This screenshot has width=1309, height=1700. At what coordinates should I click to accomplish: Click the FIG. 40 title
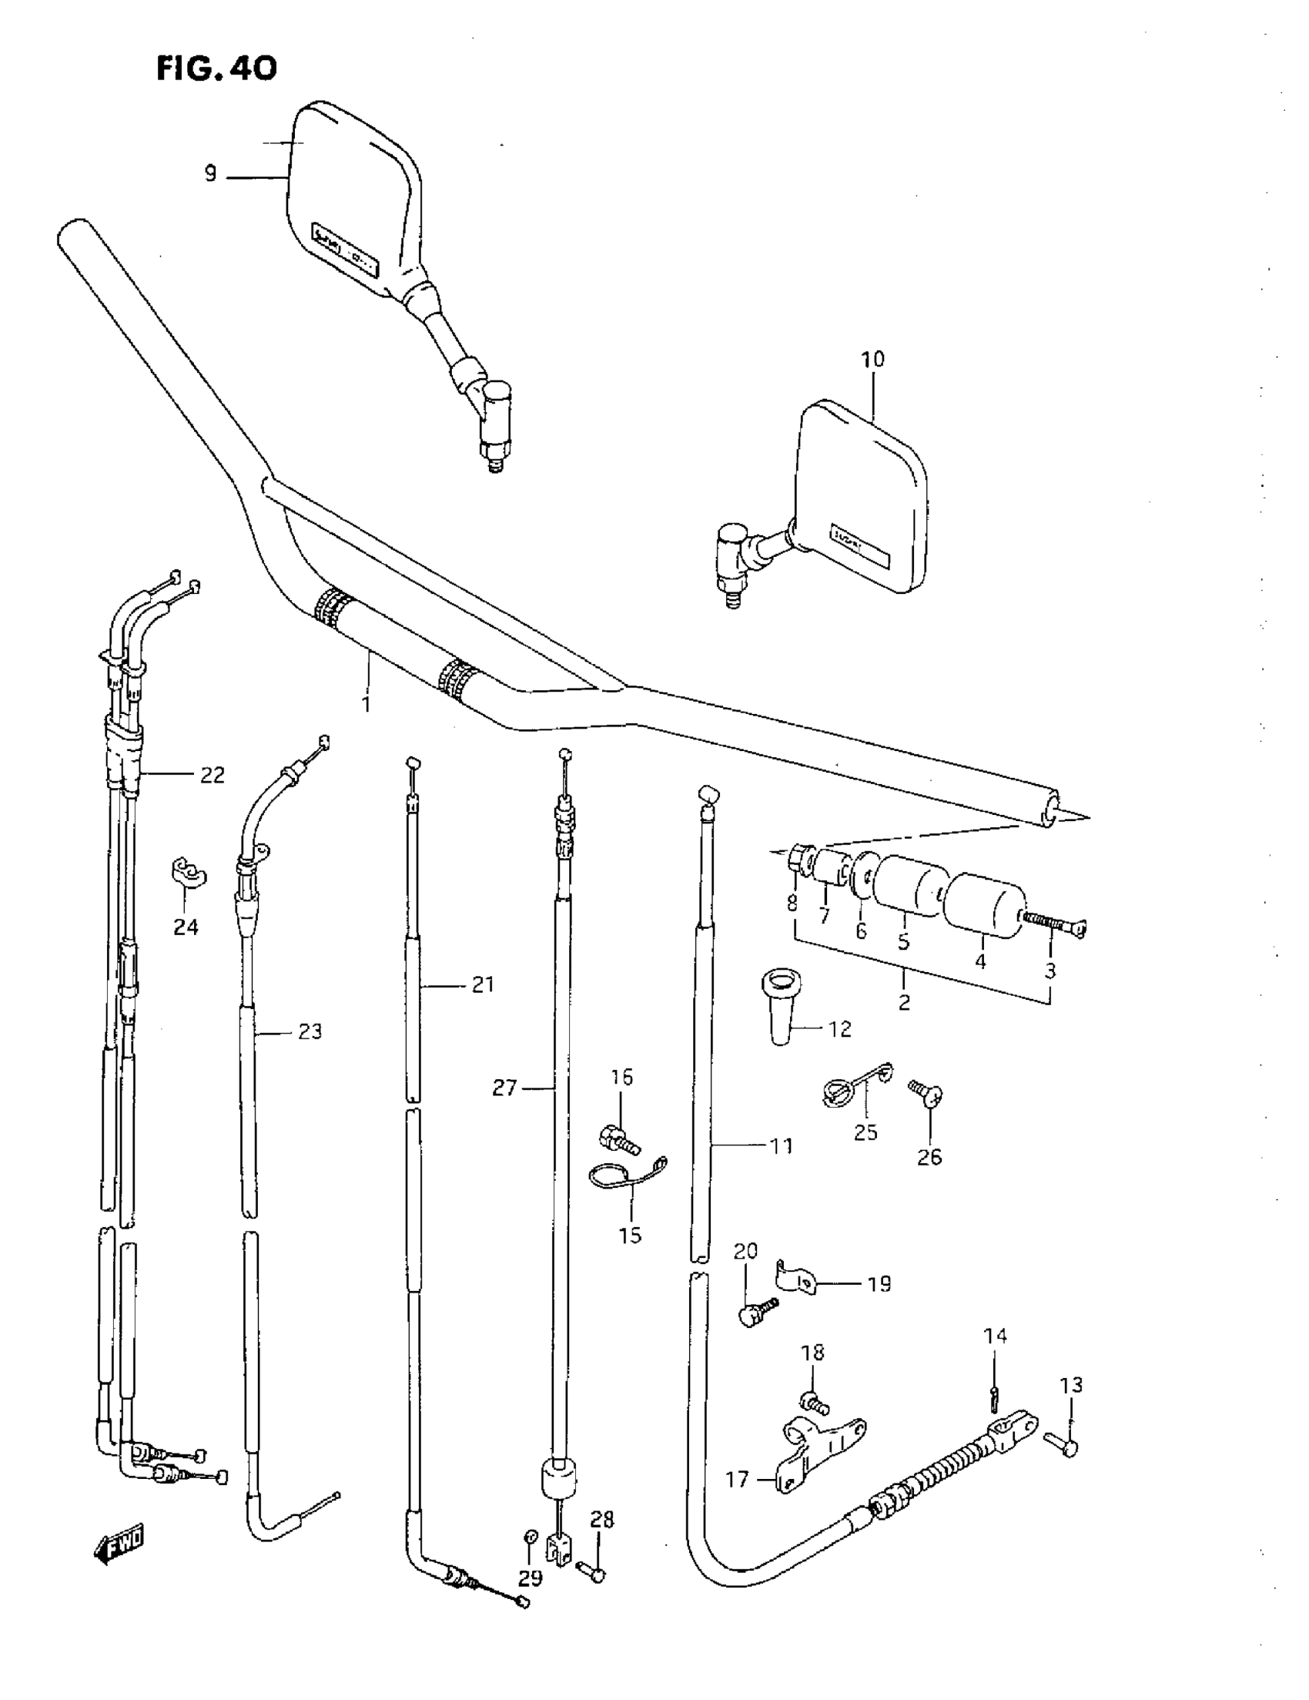click(x=216, y=69)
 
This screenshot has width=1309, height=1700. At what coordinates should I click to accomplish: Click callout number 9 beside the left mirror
click(x=210, y=173)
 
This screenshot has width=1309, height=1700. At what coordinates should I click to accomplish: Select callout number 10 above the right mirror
click(x=872, y=360)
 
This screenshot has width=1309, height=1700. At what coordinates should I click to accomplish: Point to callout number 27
click(x=504, y=1088)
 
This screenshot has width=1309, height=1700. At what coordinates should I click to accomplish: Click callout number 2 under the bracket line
click(x=903, y=1003)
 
